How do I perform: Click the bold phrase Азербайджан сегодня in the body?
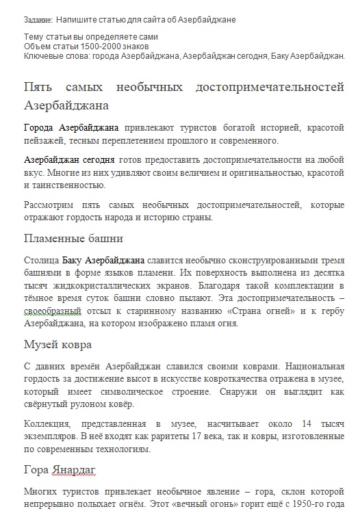click(69, 159)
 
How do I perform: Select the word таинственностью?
click(66, 184)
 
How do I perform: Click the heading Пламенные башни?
click(73, 239)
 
